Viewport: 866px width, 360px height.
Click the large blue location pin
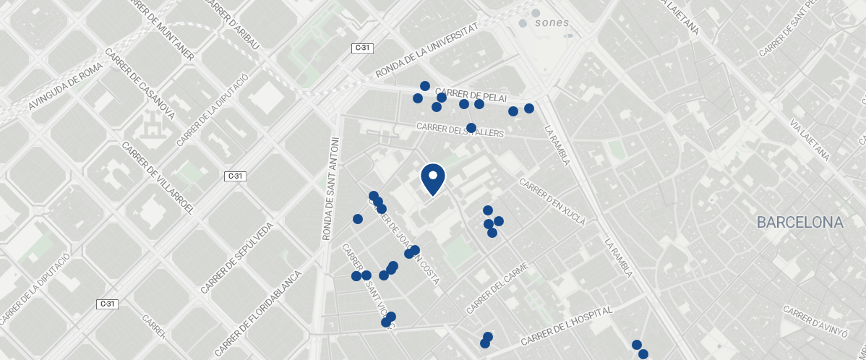(x=432, y=179)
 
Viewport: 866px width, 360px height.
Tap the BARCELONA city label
(x=800, y=223)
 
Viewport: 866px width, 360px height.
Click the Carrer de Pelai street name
(x=471, y=95)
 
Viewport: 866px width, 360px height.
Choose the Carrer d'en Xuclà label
(x=552, y=203)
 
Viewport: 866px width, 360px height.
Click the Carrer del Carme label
(x=498, y=288)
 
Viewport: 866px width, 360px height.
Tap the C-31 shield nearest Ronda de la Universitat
(x=363, y=48)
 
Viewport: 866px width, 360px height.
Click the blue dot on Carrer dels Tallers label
(x=471, y=128)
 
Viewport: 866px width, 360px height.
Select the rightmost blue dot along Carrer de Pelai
(x=528, y=108)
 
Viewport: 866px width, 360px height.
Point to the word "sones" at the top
(x=552, y=22)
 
